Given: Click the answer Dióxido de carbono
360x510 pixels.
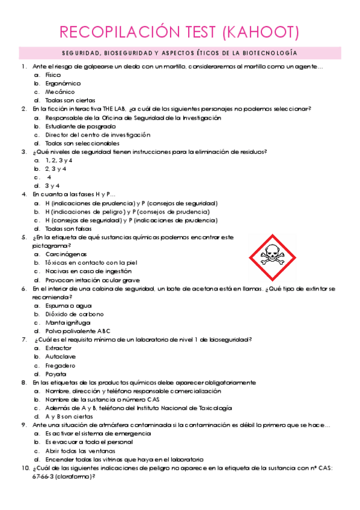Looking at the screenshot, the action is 75,314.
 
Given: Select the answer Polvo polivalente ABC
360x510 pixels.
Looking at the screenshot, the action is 78,331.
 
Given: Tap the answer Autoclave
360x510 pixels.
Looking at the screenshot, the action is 61,357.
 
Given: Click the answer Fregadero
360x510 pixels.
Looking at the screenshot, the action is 60,365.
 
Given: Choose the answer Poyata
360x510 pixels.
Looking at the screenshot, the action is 56,373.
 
